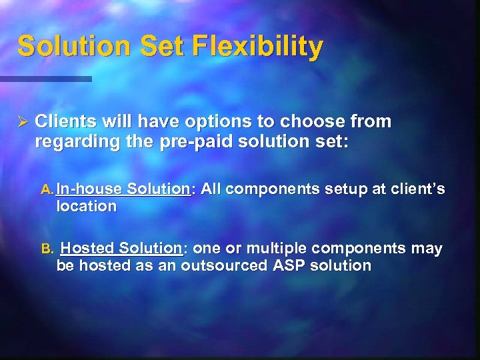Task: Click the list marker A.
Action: pyautogui.click(x=47, y=190)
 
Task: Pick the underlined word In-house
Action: pyautogui.click(x=89, y=189)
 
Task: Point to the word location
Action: pyautogui.click(x=86, y=207)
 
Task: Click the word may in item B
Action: pyautogui.click(x=427, y=249)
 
